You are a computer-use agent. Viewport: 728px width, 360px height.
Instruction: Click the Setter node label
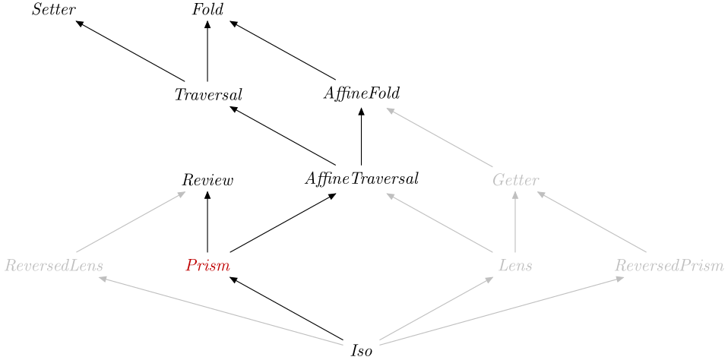pyautogui.click(x=53, y=10)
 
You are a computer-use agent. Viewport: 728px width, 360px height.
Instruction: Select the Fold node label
pyautogui.click(x=208, y=10)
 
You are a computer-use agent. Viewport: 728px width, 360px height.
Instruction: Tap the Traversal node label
pyautogui.click(x=208, y=95)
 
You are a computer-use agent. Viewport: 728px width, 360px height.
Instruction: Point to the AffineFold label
pyautogui.click(x=362, y=93)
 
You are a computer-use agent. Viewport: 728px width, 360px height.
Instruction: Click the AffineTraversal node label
pyautogui.click(x=362, y=178)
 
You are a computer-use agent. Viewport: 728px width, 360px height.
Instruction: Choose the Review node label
pyautogui.click(x=207, y=180)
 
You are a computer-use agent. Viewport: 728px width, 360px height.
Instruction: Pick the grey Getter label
pyautogui.click(x=516, y=180)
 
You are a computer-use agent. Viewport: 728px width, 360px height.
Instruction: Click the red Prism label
pyautogui.click(x=207, y=265)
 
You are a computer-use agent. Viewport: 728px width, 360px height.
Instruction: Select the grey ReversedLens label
pyautogui.click(x=54, y=265)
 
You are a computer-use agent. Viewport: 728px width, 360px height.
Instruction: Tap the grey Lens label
pyautogui.click(x=515, y=265)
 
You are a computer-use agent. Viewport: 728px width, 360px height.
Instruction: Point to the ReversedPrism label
pyautogui.click(x=669, y=265)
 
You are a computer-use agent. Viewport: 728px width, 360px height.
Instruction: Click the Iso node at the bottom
pyautogui.click(x=362, y=351)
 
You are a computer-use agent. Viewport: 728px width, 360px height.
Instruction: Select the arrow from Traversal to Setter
pyautogui.click(x=131, y=51)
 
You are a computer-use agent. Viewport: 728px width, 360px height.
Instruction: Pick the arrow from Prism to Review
pyautogui.click(x=207, y=223)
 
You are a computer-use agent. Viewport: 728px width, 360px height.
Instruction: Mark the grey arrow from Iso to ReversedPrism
pyautogui.click(x=502, y=311)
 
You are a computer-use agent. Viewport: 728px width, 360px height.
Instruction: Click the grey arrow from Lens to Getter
pyautogui.click(x=515, y=223)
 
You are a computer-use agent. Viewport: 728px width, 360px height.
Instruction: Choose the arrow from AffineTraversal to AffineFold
pyautogui.click(x=361, y=137)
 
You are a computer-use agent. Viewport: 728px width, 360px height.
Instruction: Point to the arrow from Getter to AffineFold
pyautogui.click(x=439, y=137)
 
